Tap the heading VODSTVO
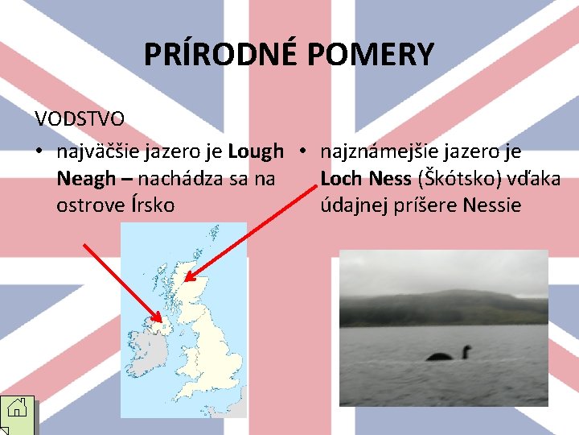(80, 119)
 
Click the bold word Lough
(256, 151)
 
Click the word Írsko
(152, 205)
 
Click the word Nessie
(492, 205)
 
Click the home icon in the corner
(18, 415)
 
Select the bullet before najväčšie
(39, 151)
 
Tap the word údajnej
(352, 205)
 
